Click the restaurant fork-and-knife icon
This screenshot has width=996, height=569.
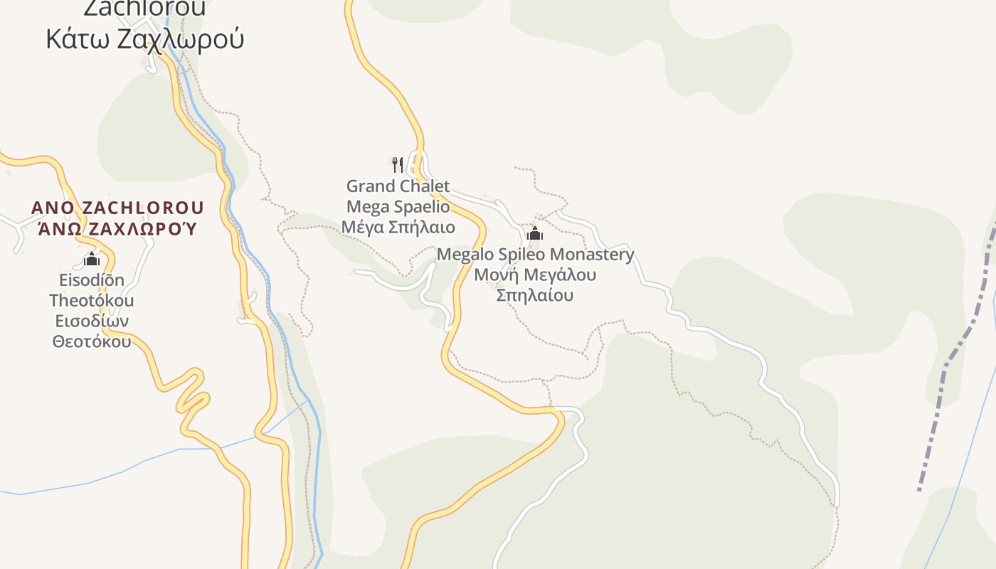tap(398, 165)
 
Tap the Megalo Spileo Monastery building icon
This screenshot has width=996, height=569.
tap(535, 233)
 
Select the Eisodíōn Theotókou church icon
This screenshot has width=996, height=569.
tap(92, 258)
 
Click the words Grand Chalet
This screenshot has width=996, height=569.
tap(398, 186)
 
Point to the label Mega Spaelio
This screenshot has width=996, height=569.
tap(398, 207)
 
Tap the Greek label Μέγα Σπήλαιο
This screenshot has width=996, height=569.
tap(398, 228)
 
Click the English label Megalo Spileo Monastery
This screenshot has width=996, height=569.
tap(535, 255)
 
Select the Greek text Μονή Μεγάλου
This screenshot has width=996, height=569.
tap(535, 275)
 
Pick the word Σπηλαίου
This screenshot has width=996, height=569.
tap(535, 294)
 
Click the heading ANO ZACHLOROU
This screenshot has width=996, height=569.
tap(117, 208)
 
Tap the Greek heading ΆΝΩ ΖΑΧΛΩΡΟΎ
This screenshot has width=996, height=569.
tap(117, 229)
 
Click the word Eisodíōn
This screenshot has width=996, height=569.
tap(92, 280)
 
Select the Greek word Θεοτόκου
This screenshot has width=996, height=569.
tap(92, 341)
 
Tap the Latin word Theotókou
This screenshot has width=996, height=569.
tap(92, 300)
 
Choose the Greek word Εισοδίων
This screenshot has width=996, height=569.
tap(92, 321)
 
